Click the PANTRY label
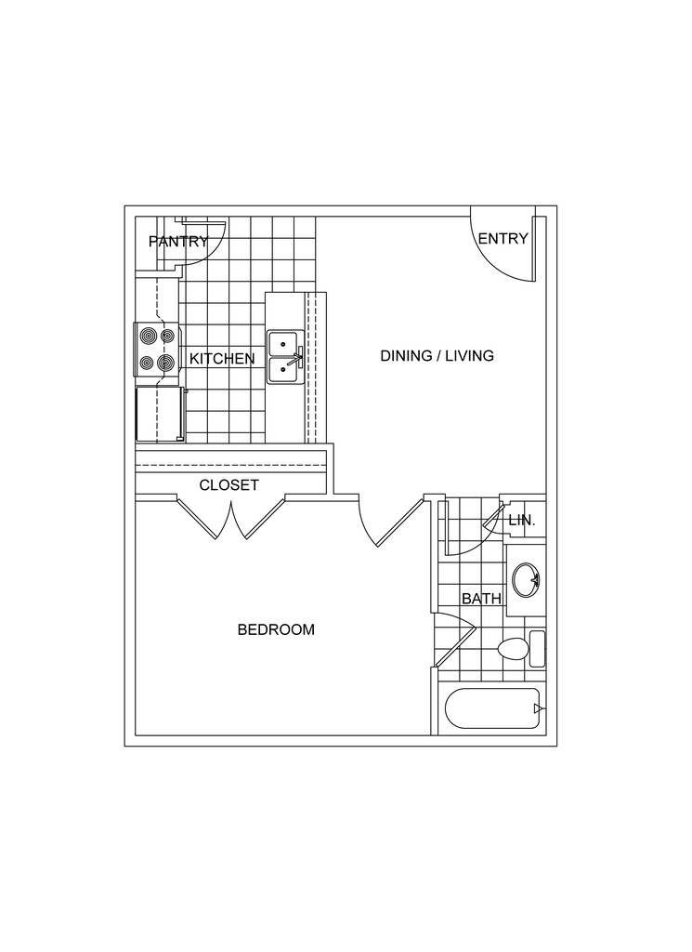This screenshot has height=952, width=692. point(177,243)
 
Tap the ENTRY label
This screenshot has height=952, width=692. point(503,239)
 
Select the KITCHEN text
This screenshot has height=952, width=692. point(222,358)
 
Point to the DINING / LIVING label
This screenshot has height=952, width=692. point(437,355)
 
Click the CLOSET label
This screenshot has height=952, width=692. point(228,485)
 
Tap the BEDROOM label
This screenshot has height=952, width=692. point(276,629)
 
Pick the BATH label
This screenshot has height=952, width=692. point(481,599)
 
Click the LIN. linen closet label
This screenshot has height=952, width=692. point(522,521)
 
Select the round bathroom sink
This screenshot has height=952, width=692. point(525,581)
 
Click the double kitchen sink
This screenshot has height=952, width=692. point(283,357)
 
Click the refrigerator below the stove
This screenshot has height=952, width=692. point(159,415)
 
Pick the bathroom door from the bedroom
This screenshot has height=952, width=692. point(455,641)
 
